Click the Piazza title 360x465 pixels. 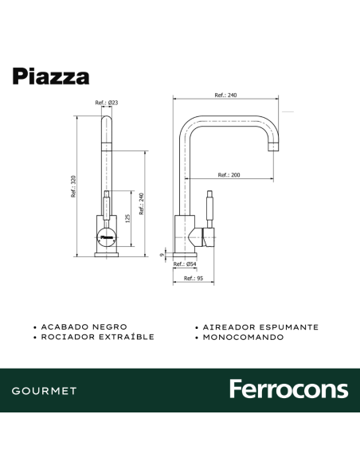51,76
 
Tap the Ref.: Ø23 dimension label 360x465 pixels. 107,103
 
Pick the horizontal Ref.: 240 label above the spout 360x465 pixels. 226,95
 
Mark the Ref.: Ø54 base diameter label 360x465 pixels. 187,264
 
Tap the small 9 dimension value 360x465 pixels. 162,255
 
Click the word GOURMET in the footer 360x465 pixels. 45,391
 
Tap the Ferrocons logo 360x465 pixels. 288,389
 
